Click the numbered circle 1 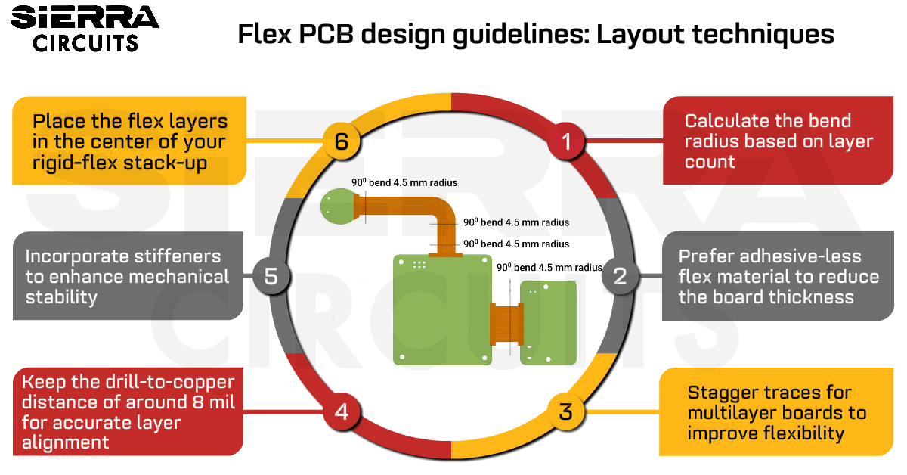tap(566, 141)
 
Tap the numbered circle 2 tap(620, 276)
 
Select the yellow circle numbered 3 tap(565, 411)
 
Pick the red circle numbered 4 tap(342, 411)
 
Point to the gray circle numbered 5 tap(271, 276)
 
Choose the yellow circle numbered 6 tap(342, 141)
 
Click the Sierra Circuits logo tap(85, 29)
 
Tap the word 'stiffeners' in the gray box tap(178, 256)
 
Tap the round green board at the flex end tap(339, 206)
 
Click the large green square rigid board tap(443, 310)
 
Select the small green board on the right tap(548, 323)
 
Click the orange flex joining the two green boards tap(506, 324)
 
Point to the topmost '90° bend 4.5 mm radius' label tap(404, 182)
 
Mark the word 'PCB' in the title tap(327, 34)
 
